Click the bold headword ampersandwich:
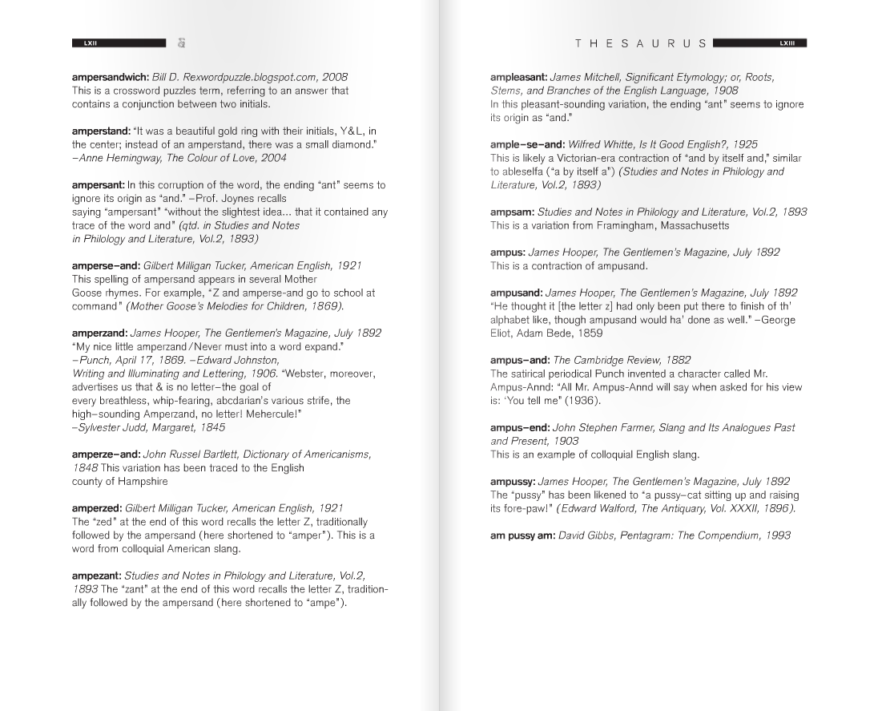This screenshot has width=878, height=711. pos(111,77)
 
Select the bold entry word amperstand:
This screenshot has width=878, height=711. pos(101,131)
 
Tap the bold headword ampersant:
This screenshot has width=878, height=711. pos(99,185)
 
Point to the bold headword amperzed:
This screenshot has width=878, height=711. pos(98,508)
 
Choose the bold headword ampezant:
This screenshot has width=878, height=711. pos(97,576)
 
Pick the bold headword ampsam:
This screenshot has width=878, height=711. pos(512,212)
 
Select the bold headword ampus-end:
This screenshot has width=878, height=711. pos(520,427)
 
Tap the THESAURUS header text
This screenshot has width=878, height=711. pos(641,43)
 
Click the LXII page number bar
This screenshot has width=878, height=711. pos(119,43)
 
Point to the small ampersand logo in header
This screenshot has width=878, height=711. pos(182,43)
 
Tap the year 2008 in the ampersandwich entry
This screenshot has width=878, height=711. pos(335,77)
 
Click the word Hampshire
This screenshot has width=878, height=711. pos(146,481)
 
